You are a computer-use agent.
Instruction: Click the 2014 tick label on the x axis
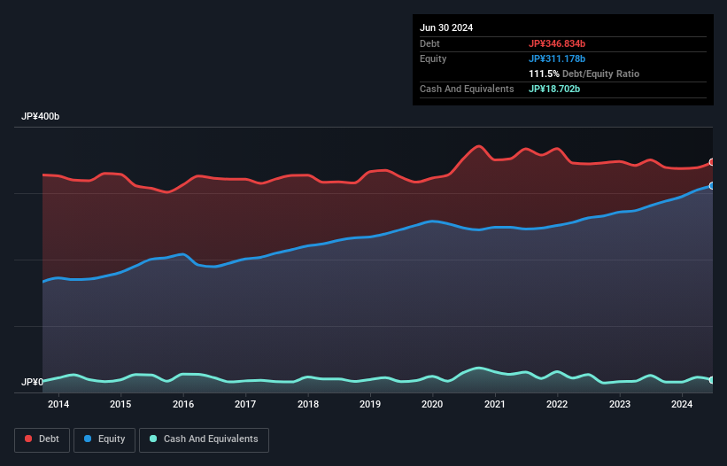point(58,405)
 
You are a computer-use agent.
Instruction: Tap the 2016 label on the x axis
point(183,405)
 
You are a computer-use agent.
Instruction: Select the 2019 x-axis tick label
point(370,405)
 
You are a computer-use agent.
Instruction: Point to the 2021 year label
point(495,405)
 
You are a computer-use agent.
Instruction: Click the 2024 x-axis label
point(682,405)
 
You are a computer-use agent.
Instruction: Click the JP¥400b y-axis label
point(41,117)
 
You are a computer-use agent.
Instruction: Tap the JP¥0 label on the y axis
point(32,383)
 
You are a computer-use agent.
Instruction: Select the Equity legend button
point(105,439)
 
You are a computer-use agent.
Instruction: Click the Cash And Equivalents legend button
point(204,439)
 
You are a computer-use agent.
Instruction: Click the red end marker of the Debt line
point(712,162)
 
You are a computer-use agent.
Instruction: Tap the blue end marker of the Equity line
point(712,186)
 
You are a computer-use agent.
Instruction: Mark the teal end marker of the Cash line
point(712,380)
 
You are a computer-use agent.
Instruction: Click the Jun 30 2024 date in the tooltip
point(446,27)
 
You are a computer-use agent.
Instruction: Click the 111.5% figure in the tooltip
point(545,74)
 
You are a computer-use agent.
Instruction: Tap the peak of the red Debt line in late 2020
point(479,146)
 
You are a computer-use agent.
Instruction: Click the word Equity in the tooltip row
point(433,58)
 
